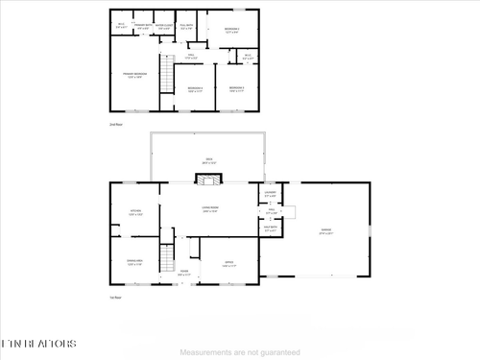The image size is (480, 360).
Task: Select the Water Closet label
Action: tap(164, 27)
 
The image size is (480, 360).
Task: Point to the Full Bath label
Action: tap(188, 27)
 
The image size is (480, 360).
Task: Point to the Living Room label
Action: tap(209, 208)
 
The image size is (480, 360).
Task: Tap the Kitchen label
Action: tap(135, 213)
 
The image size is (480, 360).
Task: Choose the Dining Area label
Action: tap(135, 261)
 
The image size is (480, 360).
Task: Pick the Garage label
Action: tap(326, 231)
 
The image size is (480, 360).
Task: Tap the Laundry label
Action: tap(270, 194)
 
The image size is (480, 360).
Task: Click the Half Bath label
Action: tap(270, 228)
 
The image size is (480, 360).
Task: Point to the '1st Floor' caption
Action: tap(115, 298)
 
